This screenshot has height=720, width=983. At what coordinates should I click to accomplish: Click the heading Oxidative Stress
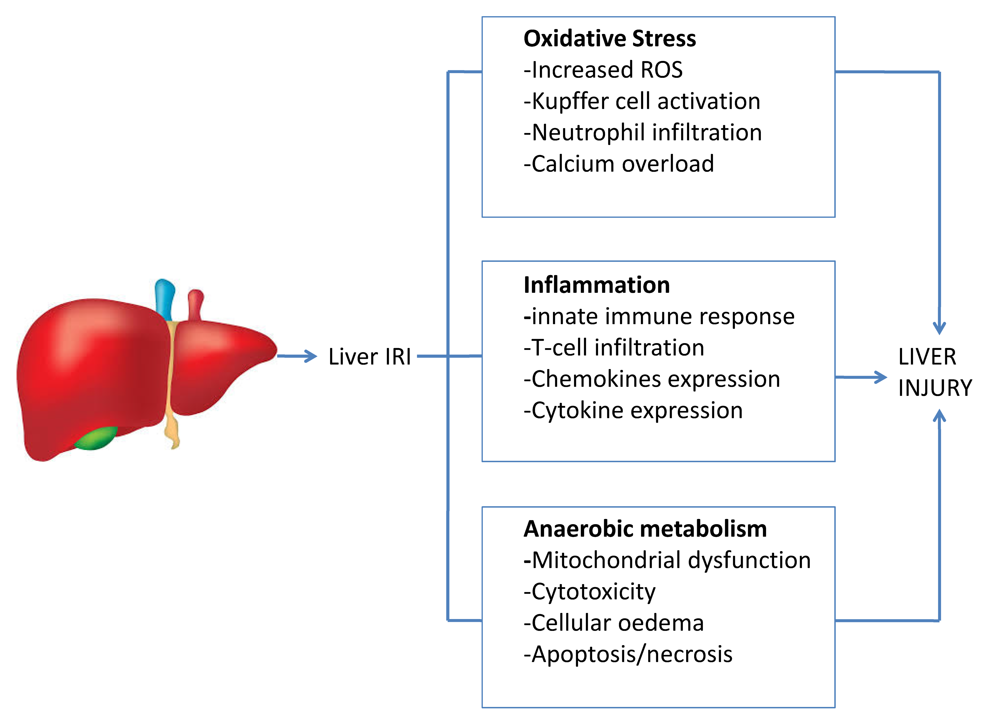click(x=609, y=38)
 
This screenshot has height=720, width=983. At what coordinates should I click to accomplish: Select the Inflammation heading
click(x=596, y=285)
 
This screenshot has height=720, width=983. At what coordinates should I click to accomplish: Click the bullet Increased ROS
click(x=603, y=70)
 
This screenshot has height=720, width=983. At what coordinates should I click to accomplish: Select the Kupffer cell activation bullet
click(x=642, y=101)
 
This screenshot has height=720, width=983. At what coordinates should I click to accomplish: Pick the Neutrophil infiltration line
click(x=643, y=133)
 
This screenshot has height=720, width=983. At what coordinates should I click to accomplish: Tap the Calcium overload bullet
click(x=618, y=164)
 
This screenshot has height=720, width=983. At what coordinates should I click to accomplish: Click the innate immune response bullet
click(x=659, y=316)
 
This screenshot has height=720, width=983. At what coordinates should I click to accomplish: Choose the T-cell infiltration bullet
click(x=614, y=348)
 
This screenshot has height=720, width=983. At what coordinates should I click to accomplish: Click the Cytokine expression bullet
click(x=633, y=411)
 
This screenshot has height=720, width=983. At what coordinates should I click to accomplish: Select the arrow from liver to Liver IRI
click(x=297, y=356)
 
